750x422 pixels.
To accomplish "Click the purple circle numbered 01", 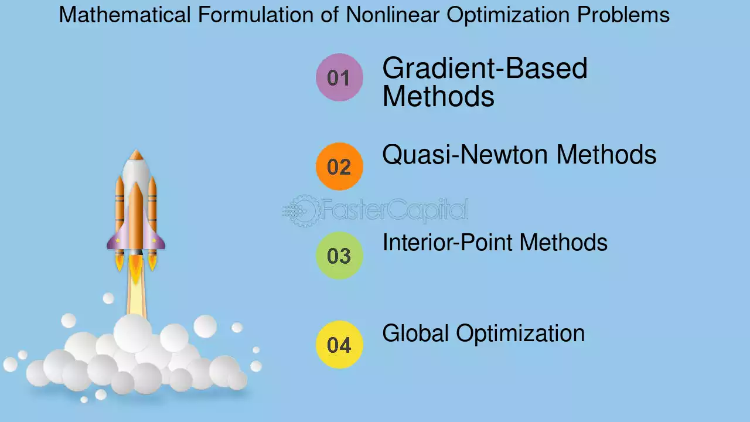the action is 339,77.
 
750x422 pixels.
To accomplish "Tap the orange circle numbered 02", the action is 339,166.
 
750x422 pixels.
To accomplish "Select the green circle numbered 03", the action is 339,256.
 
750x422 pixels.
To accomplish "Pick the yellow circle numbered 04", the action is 339,345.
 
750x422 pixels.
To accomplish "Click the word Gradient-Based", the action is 485,68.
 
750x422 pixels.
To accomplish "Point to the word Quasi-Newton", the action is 465,155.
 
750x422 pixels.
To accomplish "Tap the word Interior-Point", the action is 446,242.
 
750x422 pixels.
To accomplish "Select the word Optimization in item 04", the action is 520,334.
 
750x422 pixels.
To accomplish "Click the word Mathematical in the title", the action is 125,15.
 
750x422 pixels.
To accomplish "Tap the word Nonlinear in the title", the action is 393,15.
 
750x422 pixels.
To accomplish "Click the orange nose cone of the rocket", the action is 136,155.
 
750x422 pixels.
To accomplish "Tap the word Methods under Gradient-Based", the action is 438,97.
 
